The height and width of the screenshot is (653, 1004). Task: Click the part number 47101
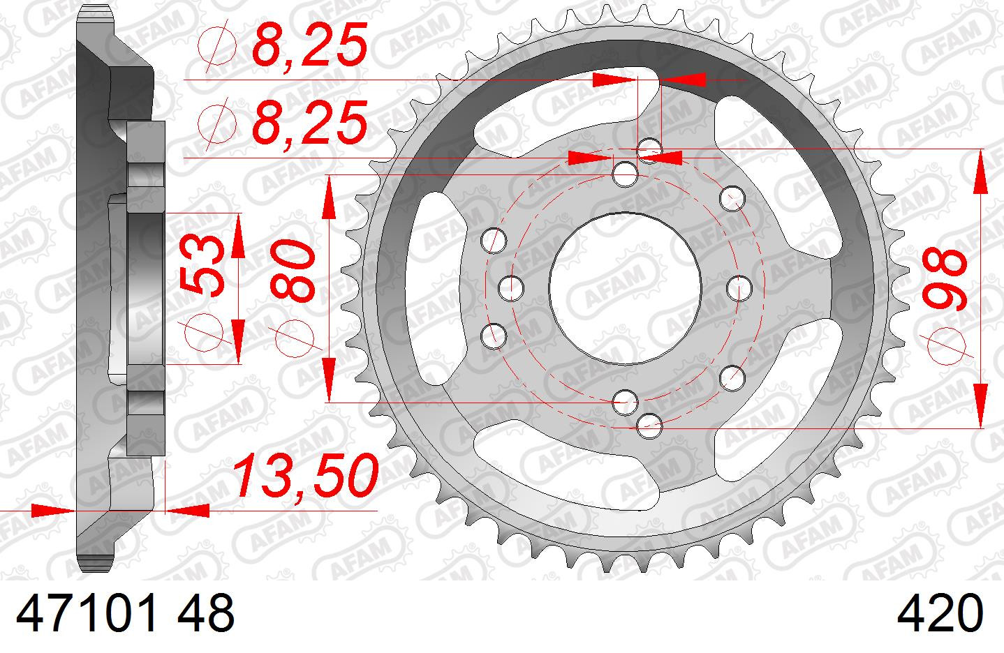coord(87,613)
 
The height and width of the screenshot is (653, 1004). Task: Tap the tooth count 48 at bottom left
coord(206,613)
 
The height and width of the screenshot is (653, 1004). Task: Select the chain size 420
coord(940,613)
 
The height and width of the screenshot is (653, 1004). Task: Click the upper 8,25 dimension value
coord(310,45)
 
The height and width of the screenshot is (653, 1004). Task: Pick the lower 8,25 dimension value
coord(310,122)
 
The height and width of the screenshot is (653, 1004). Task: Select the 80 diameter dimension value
coord(293,270)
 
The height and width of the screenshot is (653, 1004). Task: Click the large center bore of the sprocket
coord(626,289)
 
